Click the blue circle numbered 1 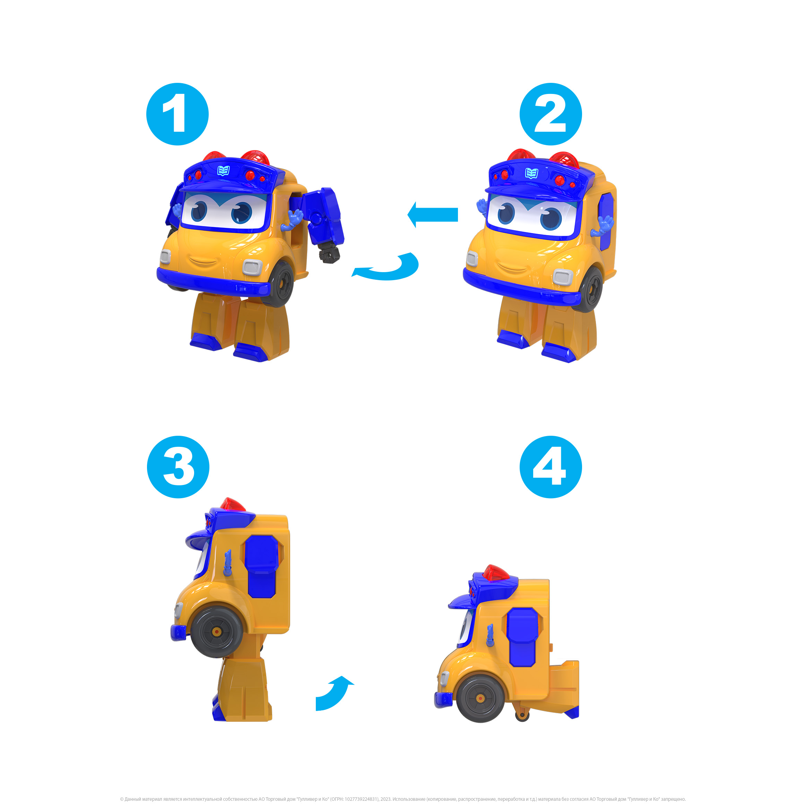(x=177, y=114)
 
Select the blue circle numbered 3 (x=178, y=467)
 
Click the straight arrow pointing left (x=433, y=215)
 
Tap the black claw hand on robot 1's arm (x=329, y=254)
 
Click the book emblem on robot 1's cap (x=224, y=170)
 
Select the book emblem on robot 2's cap (x=531, y=173)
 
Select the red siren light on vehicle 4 (x=496, y=573)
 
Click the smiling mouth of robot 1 (x=203, y=262)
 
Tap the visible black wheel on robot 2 (x=590, y=289)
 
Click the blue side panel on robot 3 (x=262, y=567)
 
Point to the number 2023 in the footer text (x=385, y=799)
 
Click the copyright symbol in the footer (x=122, y=799)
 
